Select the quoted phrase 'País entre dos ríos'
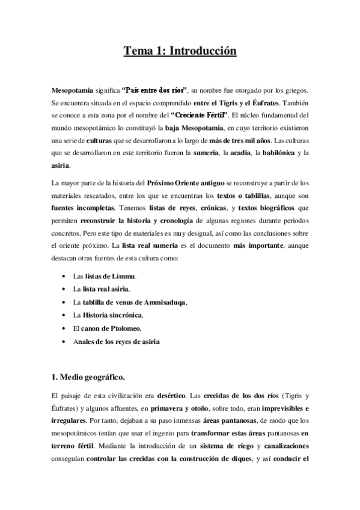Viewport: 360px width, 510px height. pos(155,90)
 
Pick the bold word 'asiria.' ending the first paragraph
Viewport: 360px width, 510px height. pos(61,165)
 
